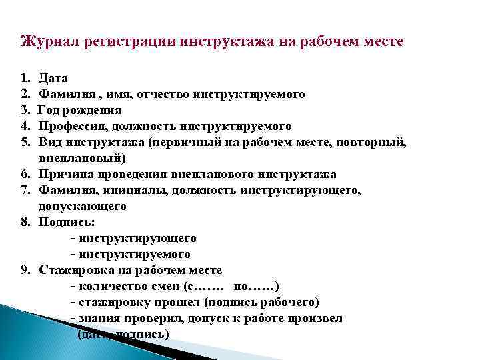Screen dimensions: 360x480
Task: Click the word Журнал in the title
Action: click(45, 42)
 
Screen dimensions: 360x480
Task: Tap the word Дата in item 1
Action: click(53, 79)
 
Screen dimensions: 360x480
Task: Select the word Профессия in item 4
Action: click(71, 126)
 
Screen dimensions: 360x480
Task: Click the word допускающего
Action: click(83, 207)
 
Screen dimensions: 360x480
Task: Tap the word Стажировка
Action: click(74, 270)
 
